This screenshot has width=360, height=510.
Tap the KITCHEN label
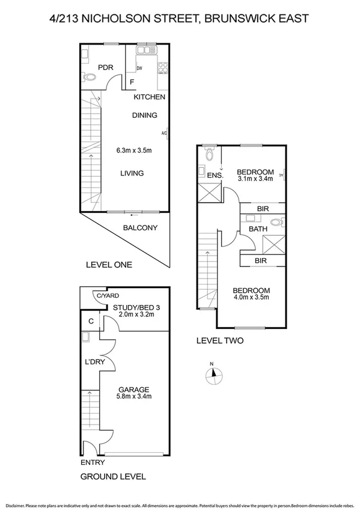point(149,97)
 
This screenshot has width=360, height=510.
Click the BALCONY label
point(139,228)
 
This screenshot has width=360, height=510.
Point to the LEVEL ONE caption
point(109,265)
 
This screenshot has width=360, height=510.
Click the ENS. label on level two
point(215,176)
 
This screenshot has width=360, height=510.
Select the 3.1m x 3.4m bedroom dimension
point(255,179)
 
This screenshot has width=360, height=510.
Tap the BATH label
point(258,229)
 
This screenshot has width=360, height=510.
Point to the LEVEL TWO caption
point(221,340)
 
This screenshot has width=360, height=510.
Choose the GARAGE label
point(133,389)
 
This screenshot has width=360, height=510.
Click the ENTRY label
point(93,462)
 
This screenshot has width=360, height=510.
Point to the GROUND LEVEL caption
point(113,477)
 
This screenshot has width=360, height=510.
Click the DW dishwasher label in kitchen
point(139,69)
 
